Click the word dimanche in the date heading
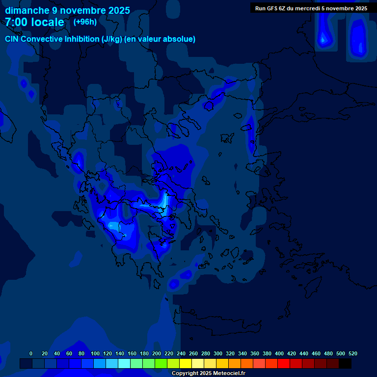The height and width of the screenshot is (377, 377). click(x=27, y=10)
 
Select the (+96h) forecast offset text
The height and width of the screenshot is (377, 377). click(x=85, y=22)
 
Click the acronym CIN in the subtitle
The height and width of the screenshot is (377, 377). click(x=13, y=39)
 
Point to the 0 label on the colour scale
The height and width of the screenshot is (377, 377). click(x=31, y=353)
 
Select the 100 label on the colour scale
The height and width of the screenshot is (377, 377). click(x=95, y=353)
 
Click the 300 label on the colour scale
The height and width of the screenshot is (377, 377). click(x=218, y=353)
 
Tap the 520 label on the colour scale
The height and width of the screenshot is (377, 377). click(x=353, y=353)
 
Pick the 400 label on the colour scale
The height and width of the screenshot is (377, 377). click(x=279, y=353)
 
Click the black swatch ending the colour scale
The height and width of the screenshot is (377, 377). click(x=345, y=363)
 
